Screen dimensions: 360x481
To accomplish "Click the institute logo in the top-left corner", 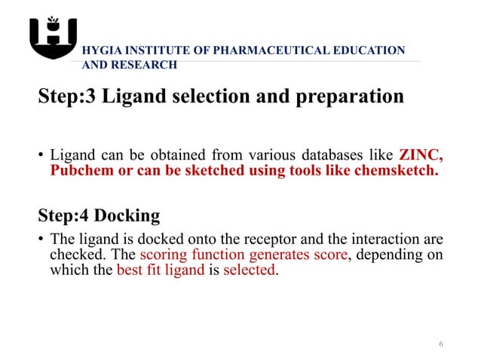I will [x=53, y=38].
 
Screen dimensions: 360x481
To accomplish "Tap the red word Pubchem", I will [x=77, y=170].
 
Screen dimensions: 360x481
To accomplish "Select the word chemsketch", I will [x=397, y=170].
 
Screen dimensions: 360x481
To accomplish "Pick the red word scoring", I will [x=164, y=255].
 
